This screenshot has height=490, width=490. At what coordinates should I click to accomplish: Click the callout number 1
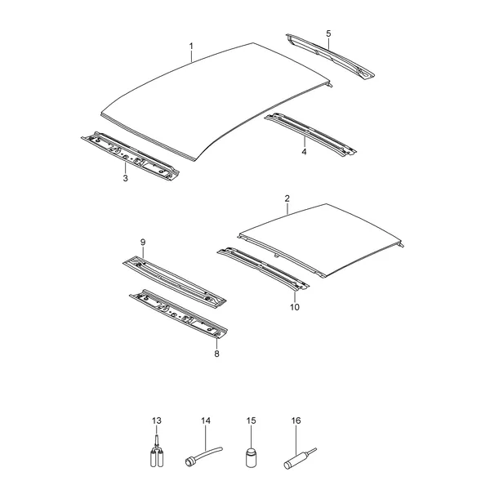[x=191, y=47]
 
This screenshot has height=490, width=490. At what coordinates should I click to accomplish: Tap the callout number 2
[x=287, y=198]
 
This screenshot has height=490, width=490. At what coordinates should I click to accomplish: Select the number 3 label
[x=125, y=178]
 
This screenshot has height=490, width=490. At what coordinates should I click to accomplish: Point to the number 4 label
[x=304, y=152]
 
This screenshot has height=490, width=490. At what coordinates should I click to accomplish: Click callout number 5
[x=328, y=33]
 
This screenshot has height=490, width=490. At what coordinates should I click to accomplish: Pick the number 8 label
[x=216, y=354]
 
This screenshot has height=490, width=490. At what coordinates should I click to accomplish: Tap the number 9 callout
[x=143, y=243]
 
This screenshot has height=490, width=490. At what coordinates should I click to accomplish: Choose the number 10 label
[x=294, y=307]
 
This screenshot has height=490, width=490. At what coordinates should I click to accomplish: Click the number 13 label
[x=157, y=421]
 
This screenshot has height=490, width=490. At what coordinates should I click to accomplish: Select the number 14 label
[x=206, y=421]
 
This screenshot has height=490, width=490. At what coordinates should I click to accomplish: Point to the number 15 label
[x=251, y=421]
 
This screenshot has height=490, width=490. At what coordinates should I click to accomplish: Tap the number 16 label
[x=296, y=421]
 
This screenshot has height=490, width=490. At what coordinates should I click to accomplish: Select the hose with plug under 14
[x=203, y=455]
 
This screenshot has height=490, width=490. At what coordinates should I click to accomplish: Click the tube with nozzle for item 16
[x=299, y=459]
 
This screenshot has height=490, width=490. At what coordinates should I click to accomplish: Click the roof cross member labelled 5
[x=330, y=56]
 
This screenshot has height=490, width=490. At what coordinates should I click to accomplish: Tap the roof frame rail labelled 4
[x=310, y=135]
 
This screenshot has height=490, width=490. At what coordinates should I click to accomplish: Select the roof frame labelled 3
[x=130, y=155]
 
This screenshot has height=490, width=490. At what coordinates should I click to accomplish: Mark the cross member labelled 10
[x=263, y=269]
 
